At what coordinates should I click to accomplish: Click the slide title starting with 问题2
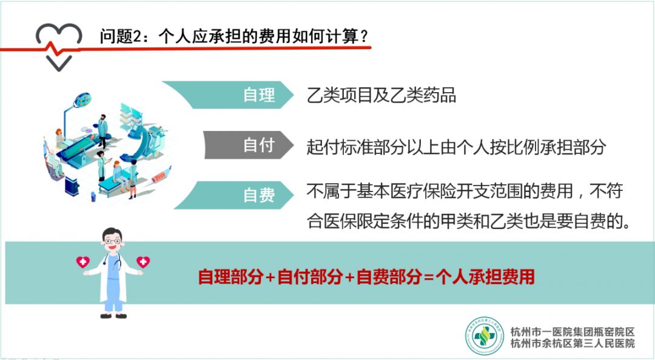point(234,36)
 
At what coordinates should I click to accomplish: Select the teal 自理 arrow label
point(228,95)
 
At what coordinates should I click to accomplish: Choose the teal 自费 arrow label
point(234,195)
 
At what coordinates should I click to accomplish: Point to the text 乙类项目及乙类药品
point(381,95)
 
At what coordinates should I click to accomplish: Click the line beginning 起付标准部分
point(456,147)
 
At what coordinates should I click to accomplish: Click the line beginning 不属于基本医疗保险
point(465,192)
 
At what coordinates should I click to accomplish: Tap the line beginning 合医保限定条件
point(468,221)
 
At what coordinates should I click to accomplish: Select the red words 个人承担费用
point(485,276)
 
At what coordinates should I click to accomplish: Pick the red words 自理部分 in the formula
point(230,276)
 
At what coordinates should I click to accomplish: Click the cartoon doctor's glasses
point(112,241)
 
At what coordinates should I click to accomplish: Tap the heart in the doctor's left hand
point(143,262)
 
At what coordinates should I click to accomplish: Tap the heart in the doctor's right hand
point(82,262)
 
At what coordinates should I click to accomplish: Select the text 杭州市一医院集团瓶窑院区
point(573,332)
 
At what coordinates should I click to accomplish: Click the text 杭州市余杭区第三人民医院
point(573,344)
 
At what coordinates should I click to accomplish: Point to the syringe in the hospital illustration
point(161,175)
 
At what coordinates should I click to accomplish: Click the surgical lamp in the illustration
point(82,100)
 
